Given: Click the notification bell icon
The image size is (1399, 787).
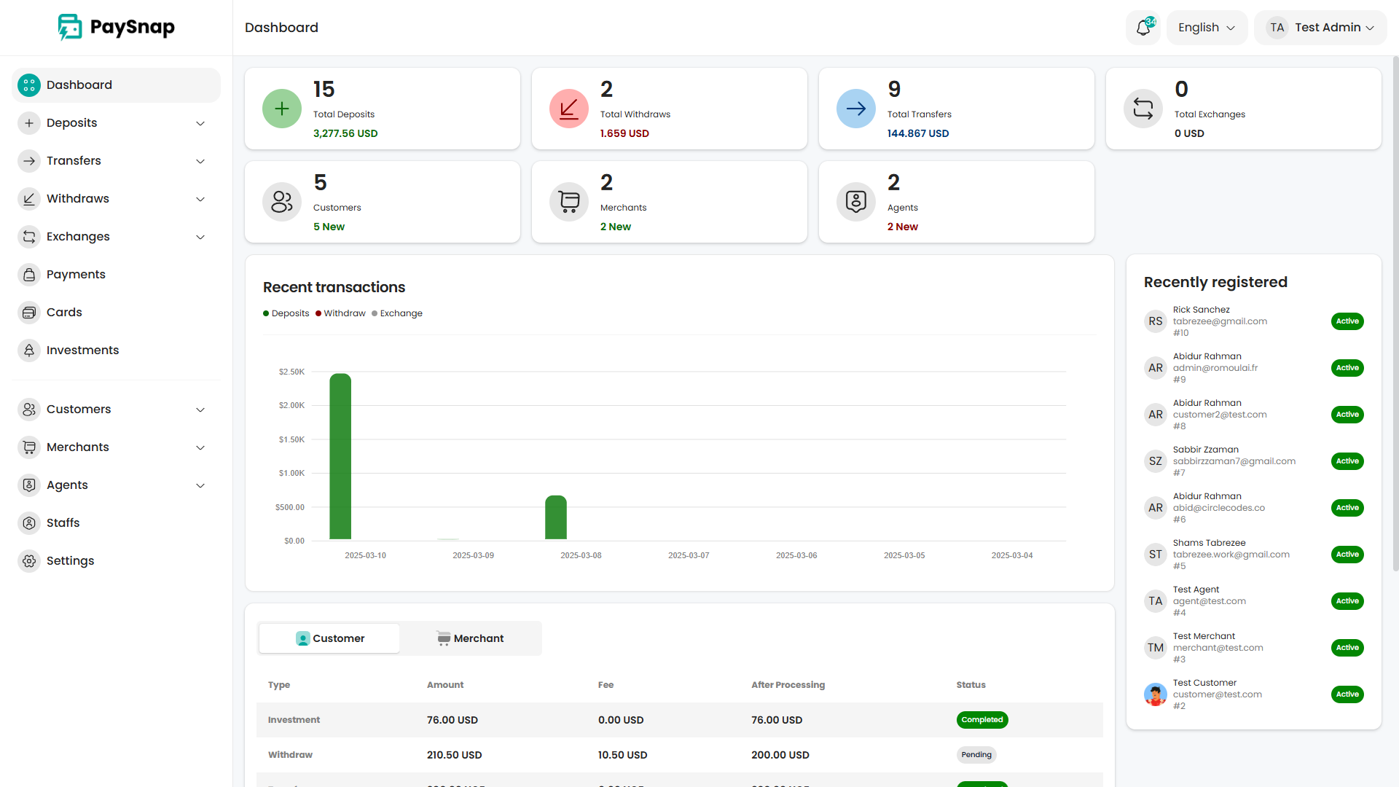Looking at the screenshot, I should coord(1143,28).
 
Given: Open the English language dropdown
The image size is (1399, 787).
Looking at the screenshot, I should coord(1207,28).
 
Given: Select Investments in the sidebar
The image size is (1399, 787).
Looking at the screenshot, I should coord(82,351).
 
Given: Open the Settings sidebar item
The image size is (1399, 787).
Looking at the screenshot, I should coord(70,561).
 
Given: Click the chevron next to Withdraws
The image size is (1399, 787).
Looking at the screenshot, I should coord(200,199).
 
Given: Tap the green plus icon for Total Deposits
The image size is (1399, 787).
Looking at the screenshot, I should coord(282,109).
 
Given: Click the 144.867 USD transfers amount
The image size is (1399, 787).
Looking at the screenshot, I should coord(917,133).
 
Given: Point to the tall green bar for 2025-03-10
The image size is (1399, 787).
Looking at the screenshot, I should coord(340,456).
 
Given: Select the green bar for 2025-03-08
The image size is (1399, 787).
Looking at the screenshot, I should coord(556,517).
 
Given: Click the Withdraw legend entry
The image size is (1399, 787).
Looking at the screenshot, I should coord(340,313).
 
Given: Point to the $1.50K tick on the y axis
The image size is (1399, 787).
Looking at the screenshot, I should coord(291,439).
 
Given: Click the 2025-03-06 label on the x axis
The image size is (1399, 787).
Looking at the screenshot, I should coord(796,555).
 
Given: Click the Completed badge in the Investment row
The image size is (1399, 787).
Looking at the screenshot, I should coord(981,720).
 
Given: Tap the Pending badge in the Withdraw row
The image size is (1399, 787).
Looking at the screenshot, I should coord(976,755).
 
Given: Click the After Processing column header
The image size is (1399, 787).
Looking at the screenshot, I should coord(788,685).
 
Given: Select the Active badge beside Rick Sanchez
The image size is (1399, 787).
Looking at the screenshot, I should coord(1347,321).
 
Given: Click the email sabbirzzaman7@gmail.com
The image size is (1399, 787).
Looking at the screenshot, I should coord(1234,461).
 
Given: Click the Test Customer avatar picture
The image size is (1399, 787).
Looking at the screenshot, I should coord(1155,694).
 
